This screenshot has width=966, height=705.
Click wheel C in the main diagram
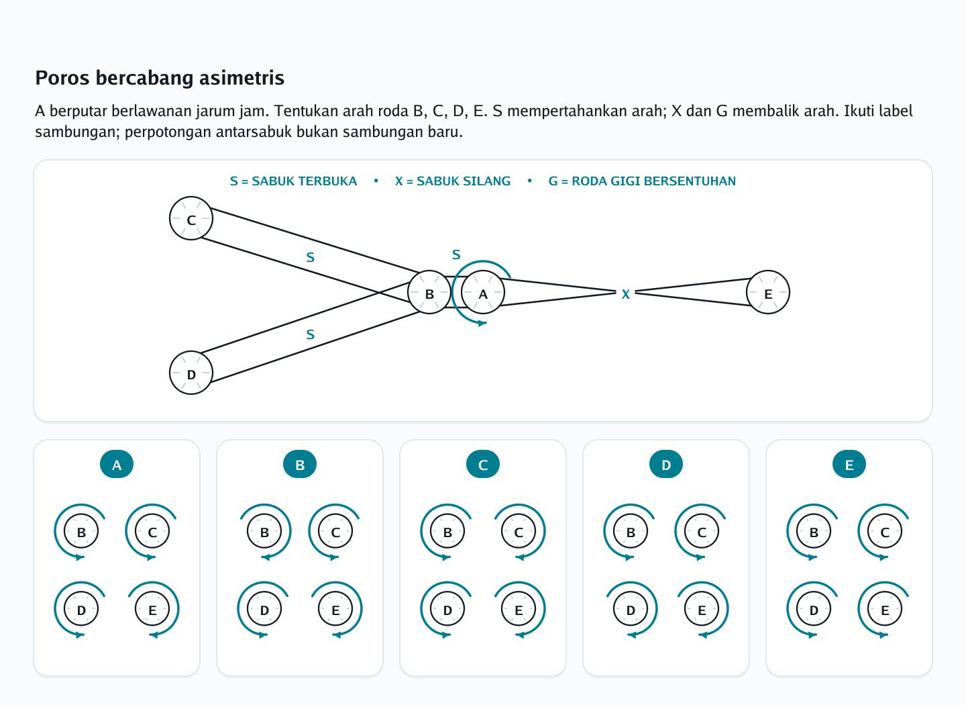191,218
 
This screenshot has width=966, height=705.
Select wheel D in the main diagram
191,373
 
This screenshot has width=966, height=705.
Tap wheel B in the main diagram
429,292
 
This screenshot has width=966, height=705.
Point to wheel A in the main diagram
483,292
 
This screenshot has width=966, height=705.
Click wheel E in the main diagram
768,292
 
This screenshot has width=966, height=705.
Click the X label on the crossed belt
626,295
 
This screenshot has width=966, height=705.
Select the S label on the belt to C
311,257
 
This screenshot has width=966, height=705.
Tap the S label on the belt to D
311,334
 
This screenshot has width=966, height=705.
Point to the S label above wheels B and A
456,254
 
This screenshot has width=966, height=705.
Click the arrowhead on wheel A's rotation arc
482,323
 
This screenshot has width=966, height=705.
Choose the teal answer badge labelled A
117,464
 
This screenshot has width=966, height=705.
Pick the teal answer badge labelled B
300,464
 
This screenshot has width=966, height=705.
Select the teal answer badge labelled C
483,464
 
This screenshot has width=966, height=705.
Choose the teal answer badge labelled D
666,464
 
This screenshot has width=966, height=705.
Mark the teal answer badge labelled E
849,464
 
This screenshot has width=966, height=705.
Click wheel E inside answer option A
152,609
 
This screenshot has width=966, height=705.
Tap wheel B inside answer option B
264,531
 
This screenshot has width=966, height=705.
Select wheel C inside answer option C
519,531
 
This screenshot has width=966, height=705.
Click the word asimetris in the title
241,78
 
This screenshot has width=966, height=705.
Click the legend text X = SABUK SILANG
453,181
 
